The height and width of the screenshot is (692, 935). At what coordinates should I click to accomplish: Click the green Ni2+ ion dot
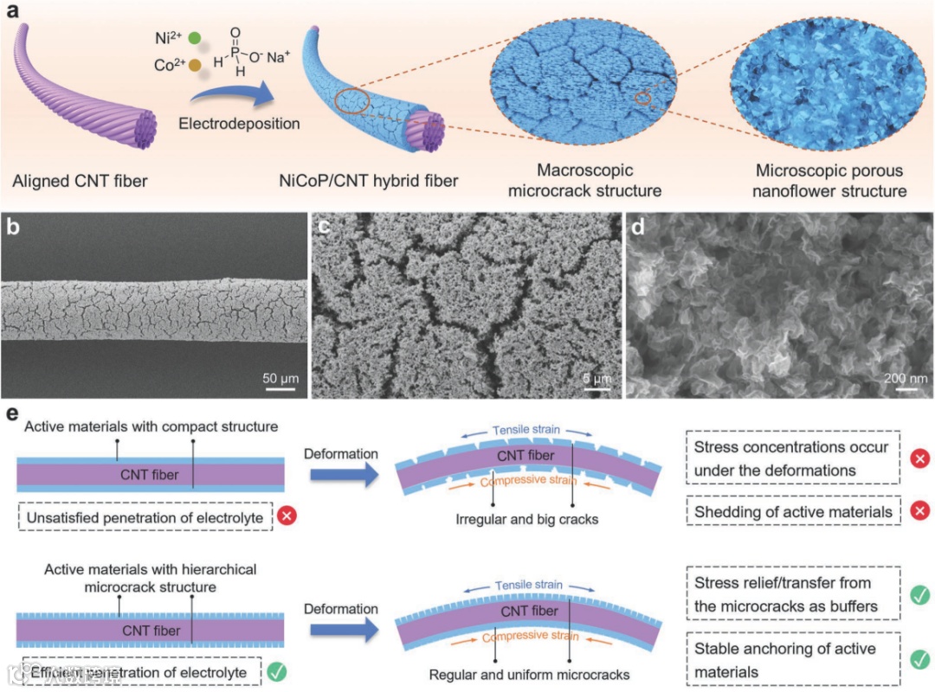point(194,38)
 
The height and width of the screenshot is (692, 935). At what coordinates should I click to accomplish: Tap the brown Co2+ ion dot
point(195,66)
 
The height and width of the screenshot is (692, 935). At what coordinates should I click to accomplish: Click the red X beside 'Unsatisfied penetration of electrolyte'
point(287,517)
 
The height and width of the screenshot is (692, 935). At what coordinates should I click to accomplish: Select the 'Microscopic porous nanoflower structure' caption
point(816,180)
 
